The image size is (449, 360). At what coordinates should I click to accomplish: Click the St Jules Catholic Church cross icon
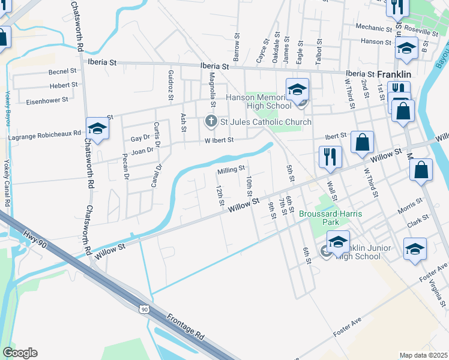click(211, 122)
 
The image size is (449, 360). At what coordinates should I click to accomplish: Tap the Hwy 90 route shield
click(143, 309)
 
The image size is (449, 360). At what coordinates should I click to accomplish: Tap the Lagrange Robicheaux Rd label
click(44, 137)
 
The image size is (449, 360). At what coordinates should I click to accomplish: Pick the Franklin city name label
click(394, 74)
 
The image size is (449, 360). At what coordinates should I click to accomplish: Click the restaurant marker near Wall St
click(330, 157)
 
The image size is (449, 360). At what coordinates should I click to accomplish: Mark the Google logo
click(20, 352)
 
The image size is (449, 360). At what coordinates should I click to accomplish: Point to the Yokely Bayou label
click(8, 109)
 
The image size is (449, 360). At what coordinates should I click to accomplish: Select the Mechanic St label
click(373, 28)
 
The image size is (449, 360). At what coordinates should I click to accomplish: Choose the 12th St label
click(220, 194)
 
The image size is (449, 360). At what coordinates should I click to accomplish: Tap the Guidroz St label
click(170, 85)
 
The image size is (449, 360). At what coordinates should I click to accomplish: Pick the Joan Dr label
click(142, 151)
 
